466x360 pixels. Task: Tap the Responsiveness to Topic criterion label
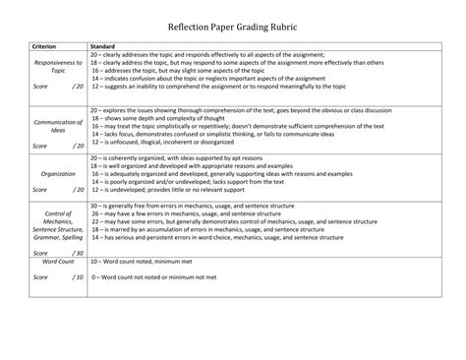(59, 66)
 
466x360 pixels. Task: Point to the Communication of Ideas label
(59, 126)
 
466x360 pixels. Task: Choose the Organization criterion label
(59, 173)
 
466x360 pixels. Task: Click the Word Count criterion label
(59, 262)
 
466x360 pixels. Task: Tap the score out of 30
(59, 253)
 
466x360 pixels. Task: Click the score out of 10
(59, 277)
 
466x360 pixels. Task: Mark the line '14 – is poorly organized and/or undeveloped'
(197, 181)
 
